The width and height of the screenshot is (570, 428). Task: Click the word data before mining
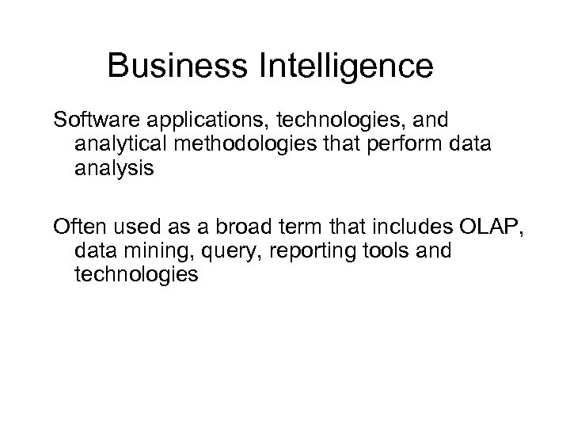(x=94, y=253)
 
